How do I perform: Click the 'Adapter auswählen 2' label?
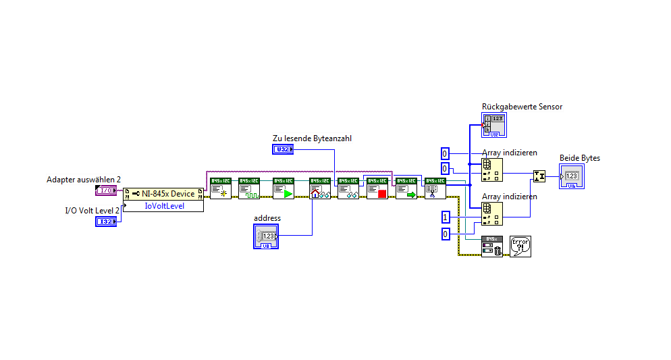coord(84,179)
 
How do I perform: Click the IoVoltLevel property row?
coord(164,205)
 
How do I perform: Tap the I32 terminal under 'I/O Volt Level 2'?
coord(105,222)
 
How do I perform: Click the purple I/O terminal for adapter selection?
coord(106,190)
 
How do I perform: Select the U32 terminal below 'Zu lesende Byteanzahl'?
coord(282,149)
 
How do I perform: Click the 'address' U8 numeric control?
coord(266,236)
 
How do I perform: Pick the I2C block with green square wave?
coord(249,188)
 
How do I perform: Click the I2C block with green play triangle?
coord(284,188)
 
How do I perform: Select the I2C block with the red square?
coord(377,188)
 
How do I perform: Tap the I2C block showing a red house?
coord(319,188)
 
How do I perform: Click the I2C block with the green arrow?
coord(406,188)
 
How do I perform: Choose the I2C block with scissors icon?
coord(435,188)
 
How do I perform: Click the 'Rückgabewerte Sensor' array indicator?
coord(495,124)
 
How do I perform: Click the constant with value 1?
coord(445,217)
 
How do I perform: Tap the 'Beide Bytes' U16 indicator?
coord(571,176)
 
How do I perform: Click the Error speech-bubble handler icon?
coord(520,246)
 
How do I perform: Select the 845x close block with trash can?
coord(492,246)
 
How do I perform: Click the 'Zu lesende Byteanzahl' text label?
coord(312,138)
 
